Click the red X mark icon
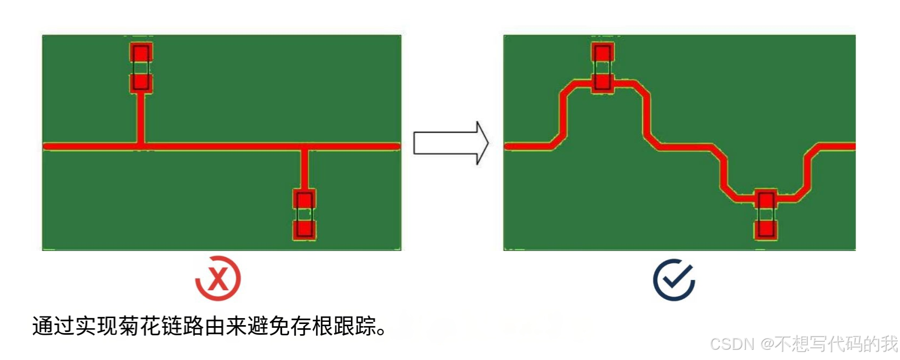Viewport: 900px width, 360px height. pos(218,279)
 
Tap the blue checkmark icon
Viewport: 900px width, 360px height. pos(674,280)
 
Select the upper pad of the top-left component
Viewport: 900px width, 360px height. pos(141,53)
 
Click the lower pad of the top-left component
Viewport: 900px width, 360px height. pos(141,83)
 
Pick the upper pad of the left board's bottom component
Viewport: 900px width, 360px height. pos(304,199)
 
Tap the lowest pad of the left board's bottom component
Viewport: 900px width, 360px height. pos(304,229)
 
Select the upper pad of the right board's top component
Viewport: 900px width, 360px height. pos(602,53)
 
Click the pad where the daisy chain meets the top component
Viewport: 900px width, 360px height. pos(602,82)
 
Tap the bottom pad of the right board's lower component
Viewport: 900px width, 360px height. pos(766,229)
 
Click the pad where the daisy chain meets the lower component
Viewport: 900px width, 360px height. pos(766,199)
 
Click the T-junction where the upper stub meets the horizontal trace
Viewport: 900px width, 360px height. pos(141,146)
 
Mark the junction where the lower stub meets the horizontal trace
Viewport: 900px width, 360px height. pos(304,146)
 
